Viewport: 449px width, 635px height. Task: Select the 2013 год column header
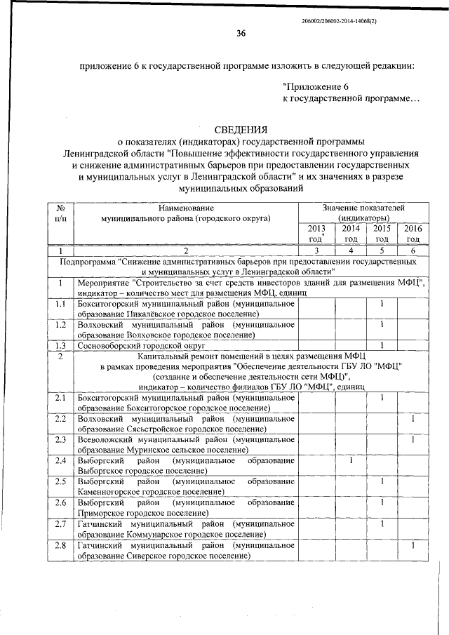click(x=316, y=234)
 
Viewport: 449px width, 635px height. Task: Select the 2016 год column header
click(x=413, y=234)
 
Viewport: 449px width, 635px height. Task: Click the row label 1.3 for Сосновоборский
click(x=61, y=345)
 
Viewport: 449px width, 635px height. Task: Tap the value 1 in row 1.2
click(x=381, y=325)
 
